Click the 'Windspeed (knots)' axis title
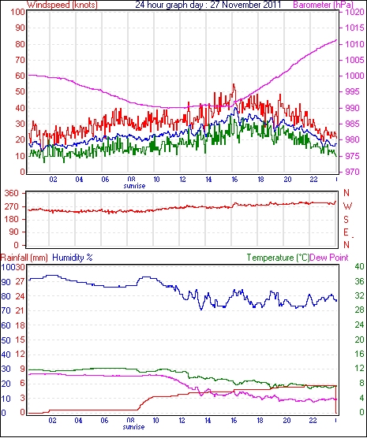point(62,5)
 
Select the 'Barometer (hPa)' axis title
point(323,5)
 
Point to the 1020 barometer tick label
point(354,12)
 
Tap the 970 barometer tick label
point(352,172)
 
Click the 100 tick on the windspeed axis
point(17,13)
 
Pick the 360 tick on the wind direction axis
point(12,193)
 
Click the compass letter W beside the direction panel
point(347,206)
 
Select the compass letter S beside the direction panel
point(346,220)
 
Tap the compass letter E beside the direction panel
point(346,232)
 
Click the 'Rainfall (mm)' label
point(24,258)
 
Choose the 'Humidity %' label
point(73,258)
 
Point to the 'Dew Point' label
point(329,258)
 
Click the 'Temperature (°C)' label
point(279,258)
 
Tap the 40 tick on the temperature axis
point(359,266)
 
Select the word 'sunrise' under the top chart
point(134,186)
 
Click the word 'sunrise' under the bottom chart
point(133,427)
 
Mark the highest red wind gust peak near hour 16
point(234,84)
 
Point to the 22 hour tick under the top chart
point(313,180)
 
